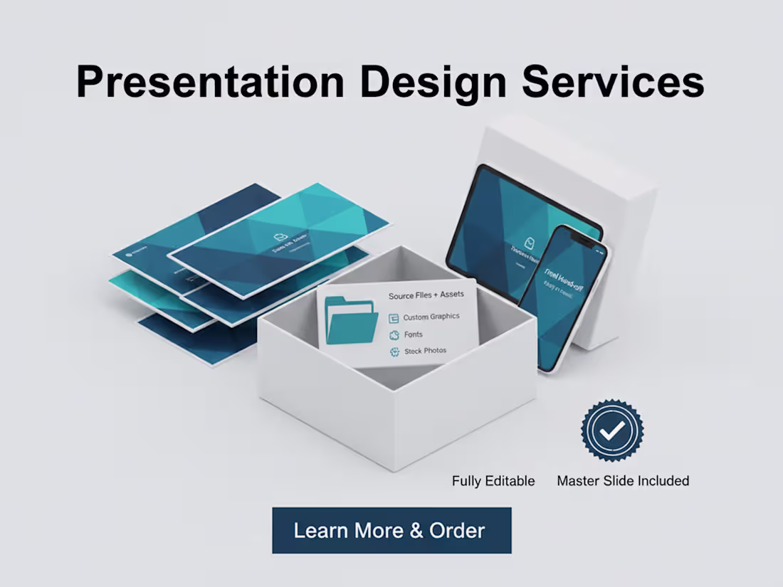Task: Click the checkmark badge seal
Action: tap(612, 430)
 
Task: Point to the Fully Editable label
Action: tap(493, 481)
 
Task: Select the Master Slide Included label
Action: tap(623, 481)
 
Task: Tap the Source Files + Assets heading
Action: tap(426, 294)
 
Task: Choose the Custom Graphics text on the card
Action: tap(431, 317)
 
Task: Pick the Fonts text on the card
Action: tap(413, 334)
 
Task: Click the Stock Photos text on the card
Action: tap(426, 351)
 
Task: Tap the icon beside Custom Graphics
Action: tap(394, 318)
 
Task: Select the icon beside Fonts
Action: tap(394, 335)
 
